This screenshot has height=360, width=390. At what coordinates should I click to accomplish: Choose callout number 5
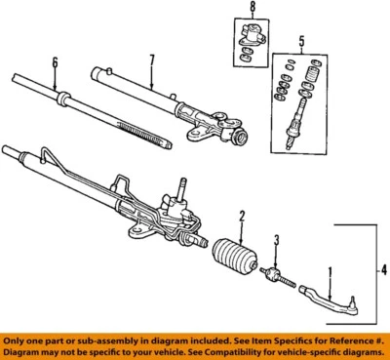click(x=301, y=42)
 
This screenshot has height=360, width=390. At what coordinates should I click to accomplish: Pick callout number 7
click(x=150, y=60)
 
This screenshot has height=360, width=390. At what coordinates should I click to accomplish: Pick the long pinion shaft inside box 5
click(x=293, y=123)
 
